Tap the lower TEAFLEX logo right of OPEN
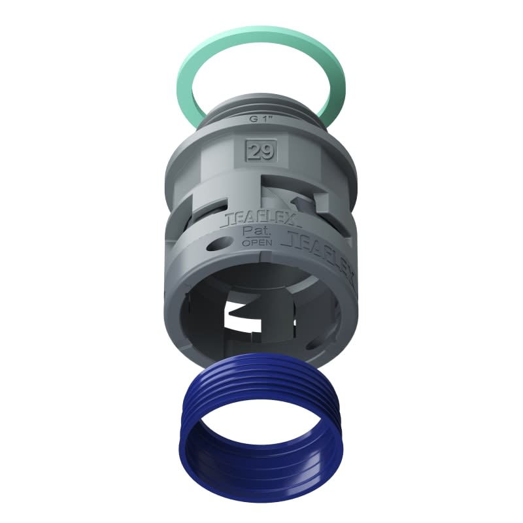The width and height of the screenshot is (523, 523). [320, 252]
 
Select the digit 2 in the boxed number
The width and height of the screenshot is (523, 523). [256, 152]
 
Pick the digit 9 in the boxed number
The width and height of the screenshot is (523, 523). [267, 152]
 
